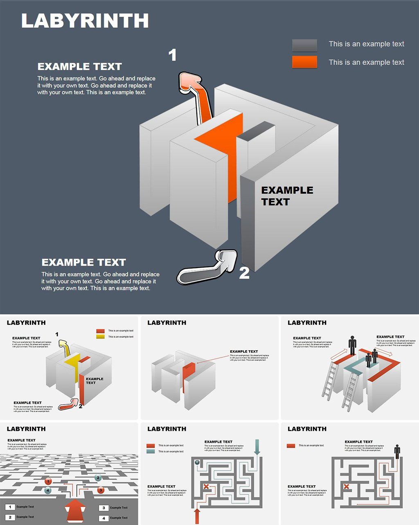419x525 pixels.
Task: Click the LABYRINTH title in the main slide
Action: (85, 21)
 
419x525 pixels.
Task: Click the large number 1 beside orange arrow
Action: (173, 55)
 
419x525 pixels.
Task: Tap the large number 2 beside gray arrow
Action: (244, 273)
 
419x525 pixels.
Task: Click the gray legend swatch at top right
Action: (304, 45)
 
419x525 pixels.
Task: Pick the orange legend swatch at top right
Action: (304, 62)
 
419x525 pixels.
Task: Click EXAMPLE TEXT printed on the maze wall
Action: (287, 196)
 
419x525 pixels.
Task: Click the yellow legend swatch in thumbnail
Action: (100, 337)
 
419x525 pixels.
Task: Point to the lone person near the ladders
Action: (352, 345)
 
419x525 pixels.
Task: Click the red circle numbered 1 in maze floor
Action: (48, 481)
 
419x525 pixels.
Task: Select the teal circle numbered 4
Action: (48, 490)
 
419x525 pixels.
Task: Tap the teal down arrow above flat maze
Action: (257, 447)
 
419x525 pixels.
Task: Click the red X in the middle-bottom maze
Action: (206, 487)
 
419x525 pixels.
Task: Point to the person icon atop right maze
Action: (397, 452)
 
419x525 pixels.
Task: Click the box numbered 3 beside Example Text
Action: (104, 508)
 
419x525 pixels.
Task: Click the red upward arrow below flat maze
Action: (197, 516)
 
